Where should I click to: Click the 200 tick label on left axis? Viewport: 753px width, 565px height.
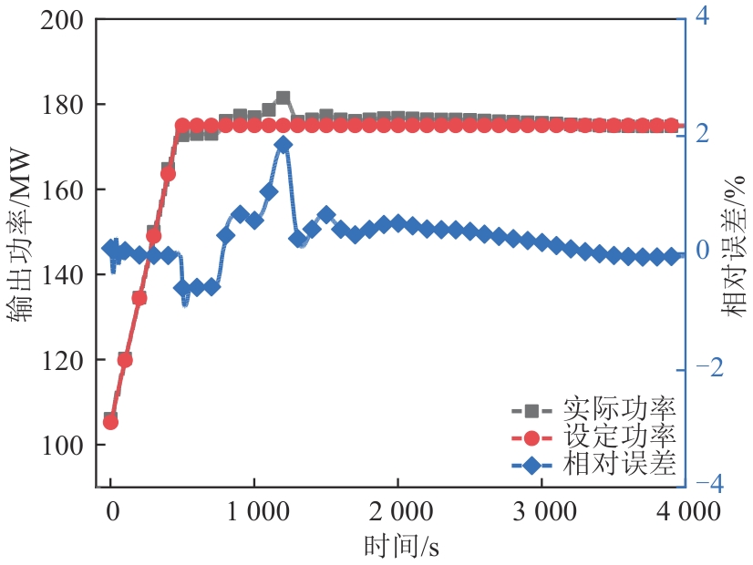pos(66,20)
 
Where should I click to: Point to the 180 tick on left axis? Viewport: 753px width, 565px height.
pos(66,105)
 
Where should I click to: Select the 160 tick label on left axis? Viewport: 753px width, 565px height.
pos(66,190)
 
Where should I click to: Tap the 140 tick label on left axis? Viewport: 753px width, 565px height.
pos(66,274)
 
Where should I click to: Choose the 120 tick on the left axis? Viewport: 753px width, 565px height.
pos(66,360)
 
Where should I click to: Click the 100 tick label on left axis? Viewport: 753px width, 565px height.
pos(66,445)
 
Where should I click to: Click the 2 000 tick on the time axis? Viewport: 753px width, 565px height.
pos(397,511)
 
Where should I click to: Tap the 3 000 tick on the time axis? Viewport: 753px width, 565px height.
pos(542,511)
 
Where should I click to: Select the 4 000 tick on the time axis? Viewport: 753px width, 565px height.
pos(686,511)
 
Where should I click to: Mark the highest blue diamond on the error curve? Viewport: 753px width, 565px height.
pos(283,145)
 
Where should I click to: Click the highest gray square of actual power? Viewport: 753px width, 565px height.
pos(283,98)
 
